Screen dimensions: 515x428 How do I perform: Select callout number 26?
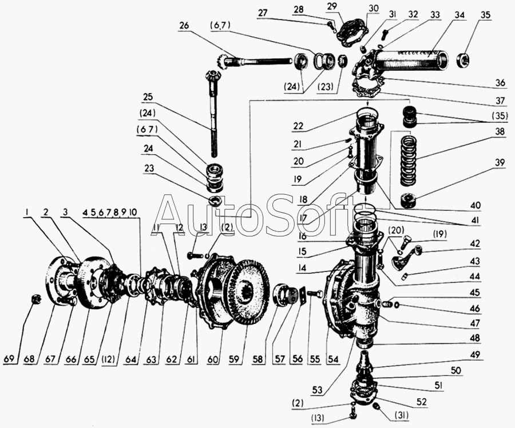183,26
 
